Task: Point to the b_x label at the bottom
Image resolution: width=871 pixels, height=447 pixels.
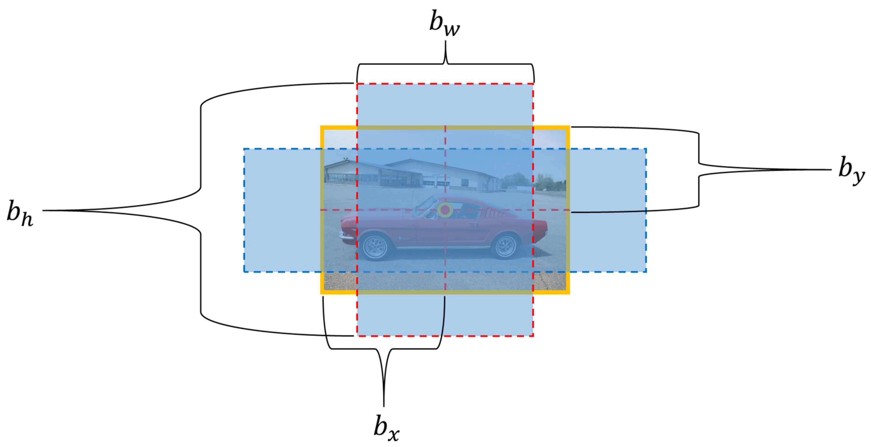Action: click(386, 428)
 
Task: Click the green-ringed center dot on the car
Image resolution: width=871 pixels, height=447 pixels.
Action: click(445, 210)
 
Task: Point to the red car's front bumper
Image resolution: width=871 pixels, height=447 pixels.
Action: click(346, 235)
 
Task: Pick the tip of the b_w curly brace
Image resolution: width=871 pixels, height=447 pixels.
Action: click(445, 42)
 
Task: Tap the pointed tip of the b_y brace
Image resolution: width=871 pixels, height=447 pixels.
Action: click(830, 170)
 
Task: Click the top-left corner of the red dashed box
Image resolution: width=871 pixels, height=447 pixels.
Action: click(357, 83)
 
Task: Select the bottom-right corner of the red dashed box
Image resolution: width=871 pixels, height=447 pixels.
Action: click(533, 336)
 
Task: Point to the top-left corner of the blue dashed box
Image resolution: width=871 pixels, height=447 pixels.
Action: click(244, 149)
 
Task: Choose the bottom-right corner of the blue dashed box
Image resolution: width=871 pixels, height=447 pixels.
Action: click(646, 272)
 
